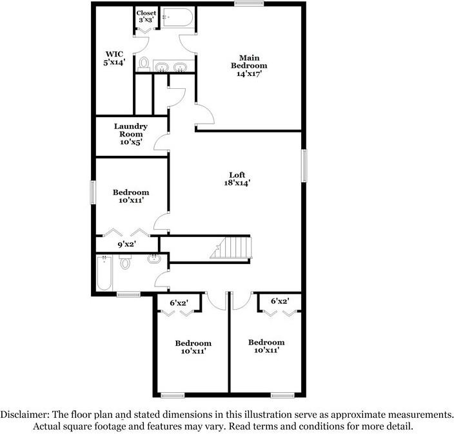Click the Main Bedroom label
[x=249, y=66]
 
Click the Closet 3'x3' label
[x=146, y=16]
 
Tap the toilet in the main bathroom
[x=144, y=64]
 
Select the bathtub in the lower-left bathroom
[x=104, y=274]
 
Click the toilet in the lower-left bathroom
[x=126, y=262]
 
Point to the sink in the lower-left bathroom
[x=154, y=259]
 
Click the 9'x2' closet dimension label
[x=126, y=244]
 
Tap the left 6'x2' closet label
[x=179, y=301]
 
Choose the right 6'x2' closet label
[x=280, y=301]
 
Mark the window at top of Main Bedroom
[x=249, y=5]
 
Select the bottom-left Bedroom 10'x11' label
[x=193, y=348]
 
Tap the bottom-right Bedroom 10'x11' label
[x=266, y=346]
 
